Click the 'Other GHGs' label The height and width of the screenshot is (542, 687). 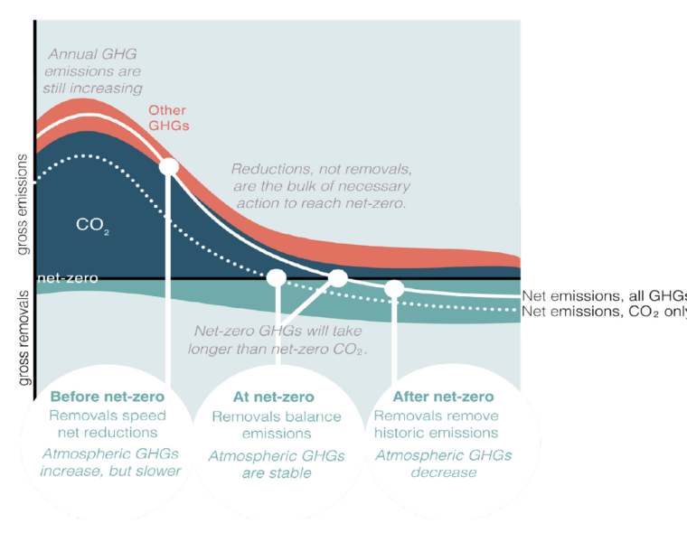tap(169, 117)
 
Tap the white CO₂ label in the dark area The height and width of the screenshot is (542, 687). tap(92, 225)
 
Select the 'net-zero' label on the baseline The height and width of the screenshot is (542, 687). tap(68, 278)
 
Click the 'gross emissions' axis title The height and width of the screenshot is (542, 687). tap(22, 204)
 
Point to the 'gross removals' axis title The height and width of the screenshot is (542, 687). tap(24, 338)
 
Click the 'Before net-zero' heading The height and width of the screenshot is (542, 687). tap(108, 397)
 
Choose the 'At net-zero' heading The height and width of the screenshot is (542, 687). tap(273, 397)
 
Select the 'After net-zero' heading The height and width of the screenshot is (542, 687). tap(444, 397)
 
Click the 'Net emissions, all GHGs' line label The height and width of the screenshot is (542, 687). tap(604, 296)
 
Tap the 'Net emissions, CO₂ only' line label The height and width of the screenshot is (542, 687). tap(604, 312)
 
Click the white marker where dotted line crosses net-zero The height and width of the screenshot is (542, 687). tap(277, 277)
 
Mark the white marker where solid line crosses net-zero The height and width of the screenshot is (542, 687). tap(338, 278)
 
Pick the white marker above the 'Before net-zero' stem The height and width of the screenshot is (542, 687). tap(169, 167)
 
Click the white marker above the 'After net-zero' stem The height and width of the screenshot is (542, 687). tap(394, 288)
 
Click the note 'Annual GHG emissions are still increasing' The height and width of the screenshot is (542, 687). tap(92, 71)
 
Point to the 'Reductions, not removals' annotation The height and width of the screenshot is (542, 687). tap(322, 186)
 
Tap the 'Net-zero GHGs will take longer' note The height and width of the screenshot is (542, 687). tap(278, 340)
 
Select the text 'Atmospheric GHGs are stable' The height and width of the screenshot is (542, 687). tap(277, 464)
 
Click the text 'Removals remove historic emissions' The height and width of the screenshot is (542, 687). tap(437, 425)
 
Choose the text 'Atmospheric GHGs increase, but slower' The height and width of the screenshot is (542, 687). tap(110, 463)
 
